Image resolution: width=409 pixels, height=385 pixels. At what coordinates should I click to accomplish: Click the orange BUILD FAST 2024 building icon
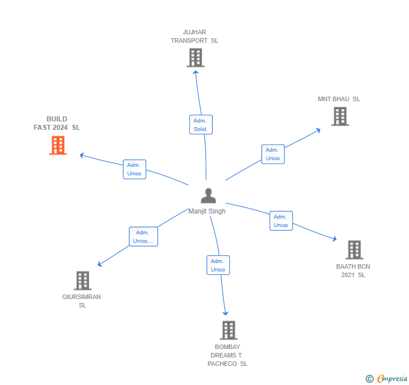tap(58, 145)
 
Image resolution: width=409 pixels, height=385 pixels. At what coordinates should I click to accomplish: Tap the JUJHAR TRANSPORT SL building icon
tap(195, 58)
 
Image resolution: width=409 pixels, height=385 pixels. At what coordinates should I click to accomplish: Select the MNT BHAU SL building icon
tap(339, 116)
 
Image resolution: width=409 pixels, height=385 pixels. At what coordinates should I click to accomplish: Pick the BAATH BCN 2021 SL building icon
tap(353, 250)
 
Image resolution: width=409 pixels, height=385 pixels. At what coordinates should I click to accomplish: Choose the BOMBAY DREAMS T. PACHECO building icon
tap(228, 330)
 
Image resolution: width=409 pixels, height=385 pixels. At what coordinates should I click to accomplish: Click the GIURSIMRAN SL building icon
tap(82, 280)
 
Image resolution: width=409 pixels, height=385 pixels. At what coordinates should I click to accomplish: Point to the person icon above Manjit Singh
tap(208, 196)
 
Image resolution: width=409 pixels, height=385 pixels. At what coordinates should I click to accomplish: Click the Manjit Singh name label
tap(207, 211)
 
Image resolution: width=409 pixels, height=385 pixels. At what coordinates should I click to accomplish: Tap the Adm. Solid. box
tap(201, 125)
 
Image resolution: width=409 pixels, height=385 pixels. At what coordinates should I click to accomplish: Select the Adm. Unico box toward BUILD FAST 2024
tap(134, 169)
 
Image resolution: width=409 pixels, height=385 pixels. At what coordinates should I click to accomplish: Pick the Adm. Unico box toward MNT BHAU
tap(272, 154)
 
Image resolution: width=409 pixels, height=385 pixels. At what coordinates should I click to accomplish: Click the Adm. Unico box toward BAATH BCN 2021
tap(281, 221)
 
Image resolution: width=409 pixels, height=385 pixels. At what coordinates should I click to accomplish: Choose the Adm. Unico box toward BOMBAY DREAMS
tap(217, 265)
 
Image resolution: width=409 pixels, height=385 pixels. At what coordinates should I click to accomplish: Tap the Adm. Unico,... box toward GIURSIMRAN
tap(143, 237)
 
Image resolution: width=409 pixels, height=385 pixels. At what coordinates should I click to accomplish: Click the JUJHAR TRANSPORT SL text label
tap(194, 36)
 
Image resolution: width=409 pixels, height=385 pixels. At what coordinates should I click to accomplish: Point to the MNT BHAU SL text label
tap(339, 99)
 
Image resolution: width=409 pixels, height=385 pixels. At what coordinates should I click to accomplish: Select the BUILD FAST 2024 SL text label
tap(57, 123)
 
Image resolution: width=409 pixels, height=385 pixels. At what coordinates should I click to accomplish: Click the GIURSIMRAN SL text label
tap(82, 301)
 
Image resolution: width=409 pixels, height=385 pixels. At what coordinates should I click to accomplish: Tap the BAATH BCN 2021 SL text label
tap(353, 270)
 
